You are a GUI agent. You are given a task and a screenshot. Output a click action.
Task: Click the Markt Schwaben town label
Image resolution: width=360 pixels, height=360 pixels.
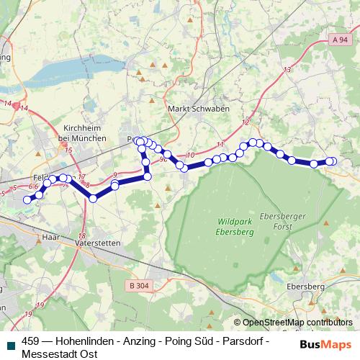pos(188,108)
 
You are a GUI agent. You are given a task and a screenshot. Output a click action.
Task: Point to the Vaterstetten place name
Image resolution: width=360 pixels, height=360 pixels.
pos(98,244)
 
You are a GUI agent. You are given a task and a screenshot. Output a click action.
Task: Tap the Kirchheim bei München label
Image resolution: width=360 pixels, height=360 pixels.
pos(80,131)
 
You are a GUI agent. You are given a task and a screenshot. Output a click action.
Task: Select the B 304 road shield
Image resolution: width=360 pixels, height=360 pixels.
pos(140,286)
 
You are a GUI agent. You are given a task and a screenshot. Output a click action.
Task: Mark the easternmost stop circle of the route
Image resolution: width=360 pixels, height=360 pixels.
pos(332,161)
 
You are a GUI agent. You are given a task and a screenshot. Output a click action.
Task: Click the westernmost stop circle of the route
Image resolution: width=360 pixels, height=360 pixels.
pos(28,199)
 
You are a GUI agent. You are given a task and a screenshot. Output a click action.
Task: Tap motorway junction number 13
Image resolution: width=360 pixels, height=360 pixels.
pos(287,70)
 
